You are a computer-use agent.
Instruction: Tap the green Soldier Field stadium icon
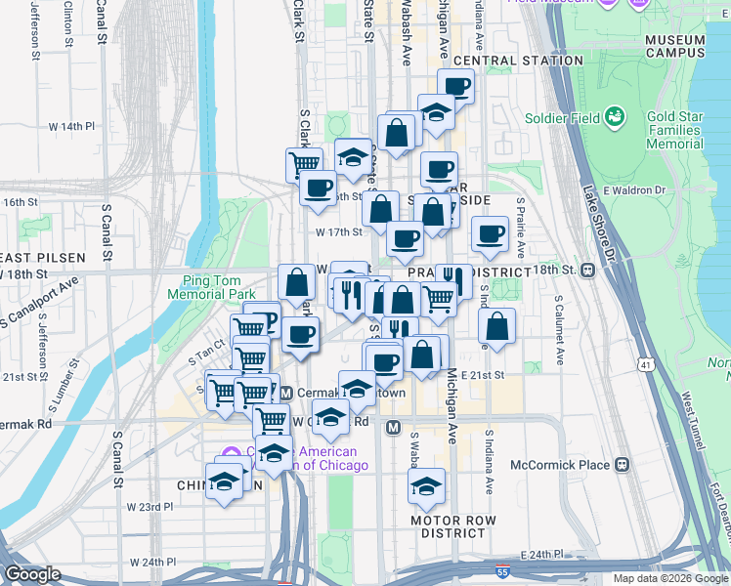click(x=616, y=118)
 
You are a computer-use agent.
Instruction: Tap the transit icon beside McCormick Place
click(x=622, y=465)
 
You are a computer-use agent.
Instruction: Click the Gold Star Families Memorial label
click(x=674, y=130)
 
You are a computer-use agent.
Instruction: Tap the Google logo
click(x=32, y=574)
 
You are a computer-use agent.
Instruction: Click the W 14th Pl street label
click(x=72, y=126)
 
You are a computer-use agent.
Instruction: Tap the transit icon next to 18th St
click(x=589, y=270)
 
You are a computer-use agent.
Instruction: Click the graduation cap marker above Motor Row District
click(x=426, y=485)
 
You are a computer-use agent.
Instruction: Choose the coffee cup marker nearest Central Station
click(x=455, y=86)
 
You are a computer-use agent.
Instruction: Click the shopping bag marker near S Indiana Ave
click(x=497, y=327)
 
